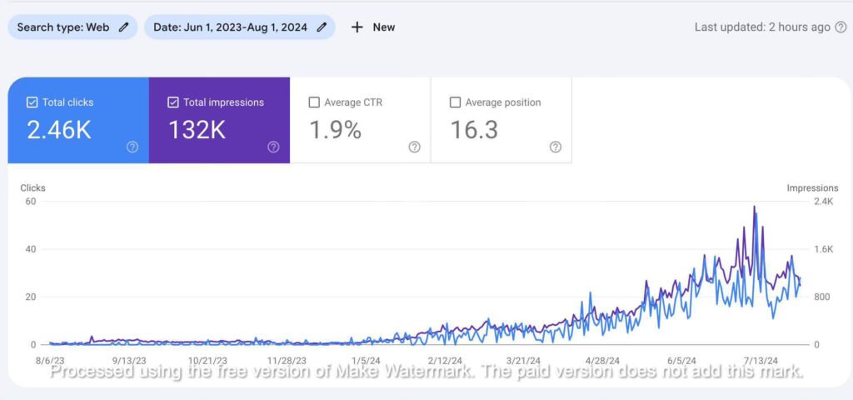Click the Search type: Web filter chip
click(x=72, y=27)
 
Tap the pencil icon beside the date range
click(x=321, y=27)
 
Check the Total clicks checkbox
click(x=32, y=102)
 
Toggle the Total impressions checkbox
click(x=173, y=102)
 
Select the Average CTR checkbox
click(x=314, y=102)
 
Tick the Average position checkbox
click(x=455, y=102)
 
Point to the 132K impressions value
click(x=197, y=130)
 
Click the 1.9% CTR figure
click(x=335, y=130)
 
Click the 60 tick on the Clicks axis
click(x=32, y=201)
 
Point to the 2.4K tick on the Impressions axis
click(x=822, y=201)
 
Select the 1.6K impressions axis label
click(x=822, y=249)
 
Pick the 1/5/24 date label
click(x=364, y=361)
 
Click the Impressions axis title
click(x=811, y=188)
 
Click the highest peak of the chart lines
click(x=755, y=207)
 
